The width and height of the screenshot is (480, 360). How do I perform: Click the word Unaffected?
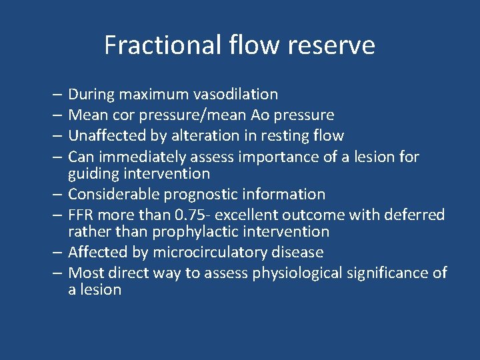pyautogui.click(x=110, y=136)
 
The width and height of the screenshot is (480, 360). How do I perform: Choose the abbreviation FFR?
pyautogui.click(x=83, y=215)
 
